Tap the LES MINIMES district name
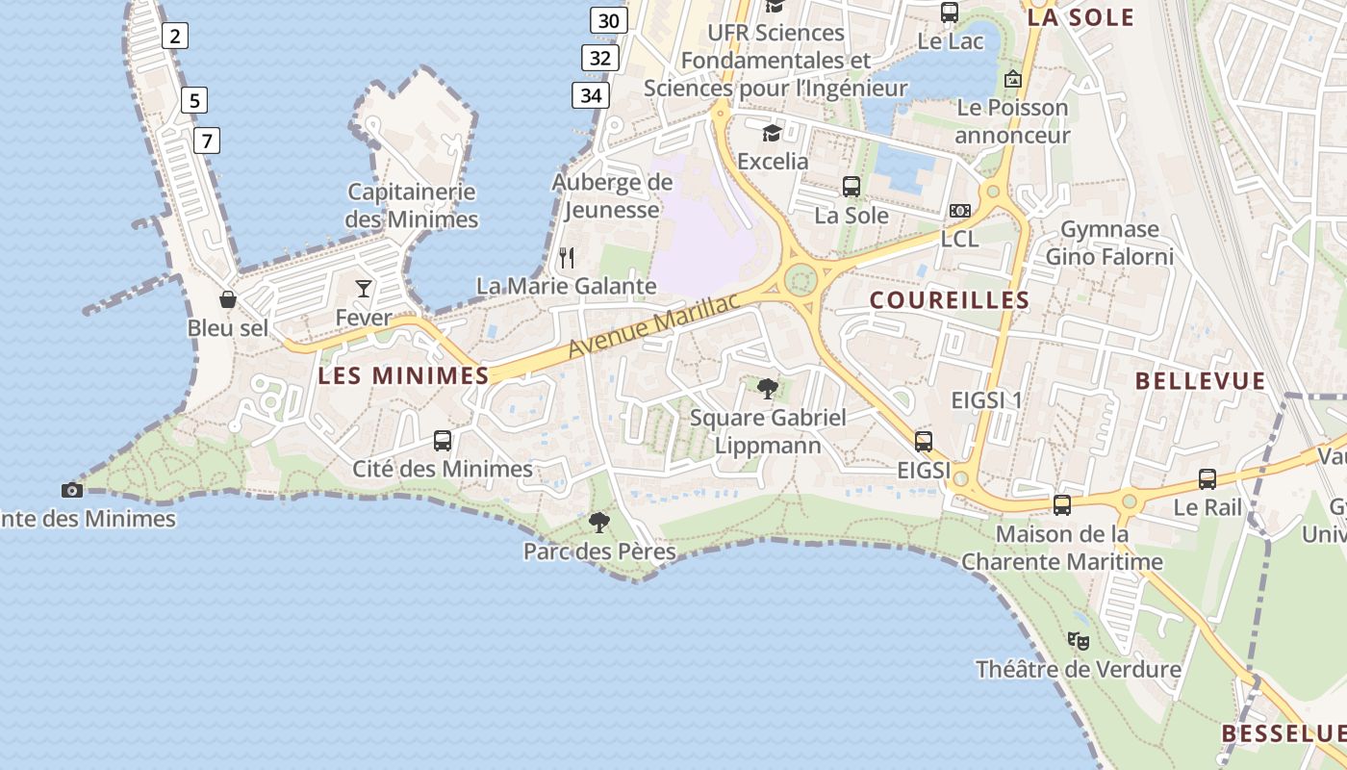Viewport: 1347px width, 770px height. (x=403, y=375)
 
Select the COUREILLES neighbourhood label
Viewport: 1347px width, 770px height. (x=950, y=300)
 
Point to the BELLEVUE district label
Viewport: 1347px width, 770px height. (x=1201, y=381)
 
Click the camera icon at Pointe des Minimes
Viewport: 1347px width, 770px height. (x=72, y=490)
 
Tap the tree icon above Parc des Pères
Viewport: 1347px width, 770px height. (x=599, y=523)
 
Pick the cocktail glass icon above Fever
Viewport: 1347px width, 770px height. (x=364, y=288)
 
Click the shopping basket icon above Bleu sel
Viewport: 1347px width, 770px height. (x=228, y=299)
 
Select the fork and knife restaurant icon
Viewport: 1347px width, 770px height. (x=567, y=257)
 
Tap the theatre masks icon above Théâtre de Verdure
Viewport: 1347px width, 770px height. (x=1079, y=640)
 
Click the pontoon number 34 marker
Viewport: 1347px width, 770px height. (x=591, y=95)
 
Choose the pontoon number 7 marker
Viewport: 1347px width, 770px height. (x=206, y=141)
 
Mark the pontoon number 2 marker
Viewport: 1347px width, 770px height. (x=174, y=37)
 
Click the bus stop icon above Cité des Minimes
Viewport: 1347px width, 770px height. (x=443, y=441)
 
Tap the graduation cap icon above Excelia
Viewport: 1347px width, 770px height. (x=772, y=133)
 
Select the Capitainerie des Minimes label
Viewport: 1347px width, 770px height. (x=412, y=205)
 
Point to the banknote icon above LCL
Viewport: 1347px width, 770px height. (x=959, y=211)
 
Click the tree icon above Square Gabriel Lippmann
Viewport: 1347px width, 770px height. (x=768, y=389)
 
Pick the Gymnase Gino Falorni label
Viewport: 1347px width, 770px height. (x=1109, y=243)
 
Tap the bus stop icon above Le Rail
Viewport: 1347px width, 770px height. (x=1207, y=478)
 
